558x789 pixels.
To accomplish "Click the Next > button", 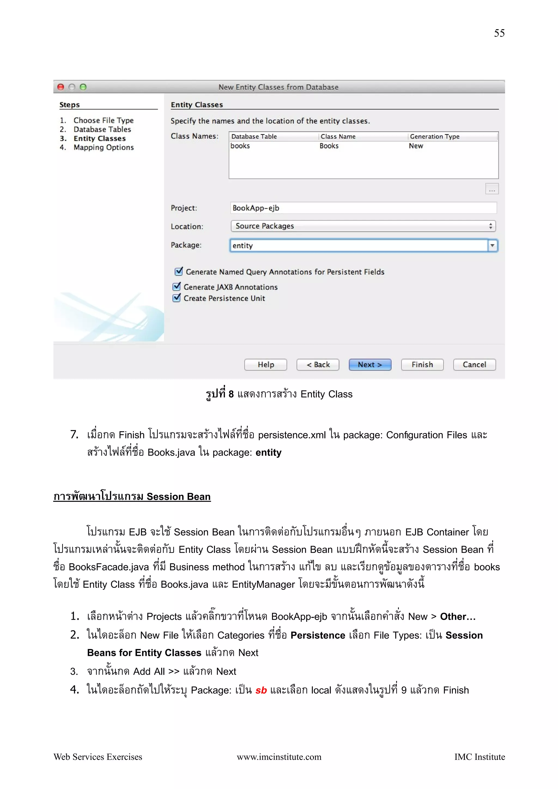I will [370, 365].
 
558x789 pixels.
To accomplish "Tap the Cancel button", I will [474, 365].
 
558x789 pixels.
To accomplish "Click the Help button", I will [265, 365].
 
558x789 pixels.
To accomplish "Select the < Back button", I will [318, 365].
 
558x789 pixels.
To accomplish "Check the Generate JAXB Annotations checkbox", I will [177, 287].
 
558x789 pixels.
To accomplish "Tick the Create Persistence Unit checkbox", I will [177, 298].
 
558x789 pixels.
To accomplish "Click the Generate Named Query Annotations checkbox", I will [179, 271].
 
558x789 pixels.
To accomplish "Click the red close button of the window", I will [61, 87].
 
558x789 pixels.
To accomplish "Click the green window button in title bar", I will [83, 87].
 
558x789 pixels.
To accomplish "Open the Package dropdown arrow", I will [492, 245].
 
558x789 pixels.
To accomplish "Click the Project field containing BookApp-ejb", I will [363, 208].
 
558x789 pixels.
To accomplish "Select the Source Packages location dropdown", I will [363, 226].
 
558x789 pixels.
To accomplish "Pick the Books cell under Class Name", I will [329, 146].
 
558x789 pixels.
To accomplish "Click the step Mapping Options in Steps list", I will [104, 147].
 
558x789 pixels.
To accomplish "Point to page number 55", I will [499, 33].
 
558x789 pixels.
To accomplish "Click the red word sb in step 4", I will [261, 690].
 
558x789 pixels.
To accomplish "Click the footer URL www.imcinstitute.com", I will [279, 757].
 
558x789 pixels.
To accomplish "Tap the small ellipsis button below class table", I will [492, 189].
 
